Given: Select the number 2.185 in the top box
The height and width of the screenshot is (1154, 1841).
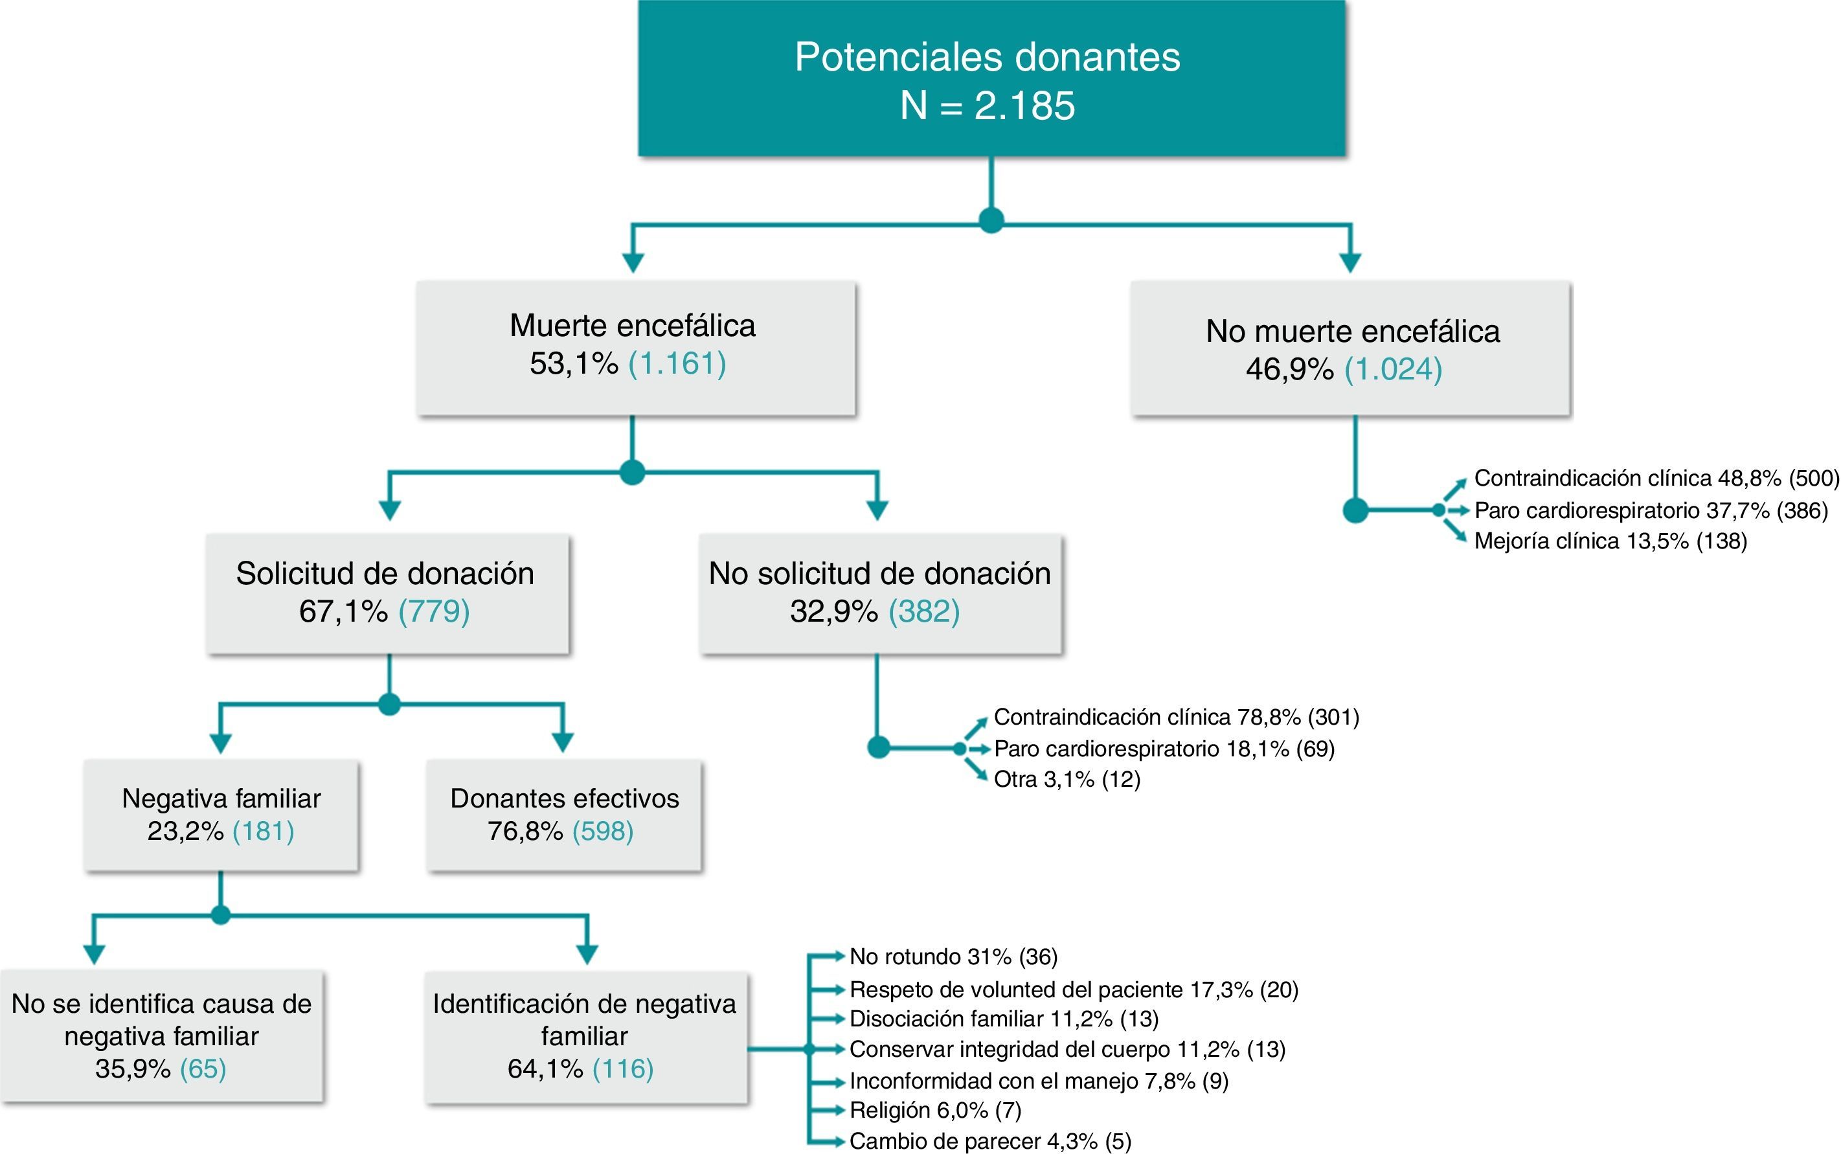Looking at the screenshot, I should click(x=1024, y=106).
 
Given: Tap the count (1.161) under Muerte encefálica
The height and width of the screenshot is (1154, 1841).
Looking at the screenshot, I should click(x=677, y=363).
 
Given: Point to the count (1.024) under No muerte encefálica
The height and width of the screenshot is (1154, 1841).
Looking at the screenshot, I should click(x=1393, y=369).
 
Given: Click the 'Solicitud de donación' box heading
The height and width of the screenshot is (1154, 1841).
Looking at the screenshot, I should click(x=385, y=574).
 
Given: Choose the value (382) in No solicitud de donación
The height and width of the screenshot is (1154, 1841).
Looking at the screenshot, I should click(x=924, y=611).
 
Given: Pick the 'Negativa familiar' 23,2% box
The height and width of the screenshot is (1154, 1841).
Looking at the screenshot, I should click(x=221, y=815).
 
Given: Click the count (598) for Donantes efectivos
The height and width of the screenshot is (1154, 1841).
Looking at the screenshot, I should click(x=603, y=830).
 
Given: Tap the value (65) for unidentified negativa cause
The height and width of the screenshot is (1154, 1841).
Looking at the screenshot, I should click(x=203, y=1069).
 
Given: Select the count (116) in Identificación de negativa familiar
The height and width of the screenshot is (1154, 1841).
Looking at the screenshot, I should click(x=622, y=1069).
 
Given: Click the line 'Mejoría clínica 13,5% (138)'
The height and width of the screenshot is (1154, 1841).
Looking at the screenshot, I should click(x=1610, y=541).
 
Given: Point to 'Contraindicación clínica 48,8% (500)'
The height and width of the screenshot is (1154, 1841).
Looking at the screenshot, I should click(x=1656, y=479).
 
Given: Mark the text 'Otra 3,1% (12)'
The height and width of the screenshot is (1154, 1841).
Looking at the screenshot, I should click(x=1067, y=779).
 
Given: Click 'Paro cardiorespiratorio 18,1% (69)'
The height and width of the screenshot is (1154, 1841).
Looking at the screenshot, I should click(x=1164, y=749).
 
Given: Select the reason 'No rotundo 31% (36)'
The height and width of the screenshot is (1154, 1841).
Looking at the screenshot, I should click(x=953, y=956).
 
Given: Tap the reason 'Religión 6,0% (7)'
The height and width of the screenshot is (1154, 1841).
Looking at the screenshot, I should click(x=934, y=1110).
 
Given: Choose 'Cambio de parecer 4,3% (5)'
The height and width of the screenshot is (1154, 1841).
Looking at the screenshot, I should click(x=989, y=1141).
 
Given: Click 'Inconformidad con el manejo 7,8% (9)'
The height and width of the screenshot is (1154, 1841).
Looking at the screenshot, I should click(x=1039, y=1081).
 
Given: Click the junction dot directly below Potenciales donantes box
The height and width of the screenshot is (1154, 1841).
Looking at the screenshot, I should click(x=991, y=221).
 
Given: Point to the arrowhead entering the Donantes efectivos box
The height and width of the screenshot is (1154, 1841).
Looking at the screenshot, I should click(x=562, y=742).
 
